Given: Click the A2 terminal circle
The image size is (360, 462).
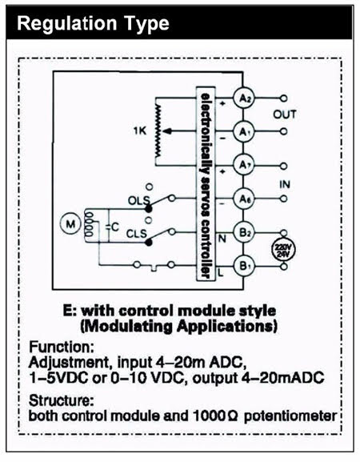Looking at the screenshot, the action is [x=243, y=98].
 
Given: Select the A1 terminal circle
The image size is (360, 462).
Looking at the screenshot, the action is [x=243, y=131].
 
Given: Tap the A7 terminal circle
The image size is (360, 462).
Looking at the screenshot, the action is [x=243, y=165].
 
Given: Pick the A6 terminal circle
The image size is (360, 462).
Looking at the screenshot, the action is [x=243, y=199].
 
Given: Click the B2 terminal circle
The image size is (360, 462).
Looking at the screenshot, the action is [x=243, y=232].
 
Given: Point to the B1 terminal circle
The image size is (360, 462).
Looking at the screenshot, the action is [x=243, y=266].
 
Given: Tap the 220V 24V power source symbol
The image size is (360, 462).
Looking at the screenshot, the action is [x=283, y=250].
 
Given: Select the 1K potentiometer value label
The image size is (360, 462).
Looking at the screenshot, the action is [x=140, y=131].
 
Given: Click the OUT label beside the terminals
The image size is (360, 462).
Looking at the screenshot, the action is [x=284, y=114].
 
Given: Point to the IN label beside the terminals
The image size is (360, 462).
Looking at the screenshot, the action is [x=284, y=184].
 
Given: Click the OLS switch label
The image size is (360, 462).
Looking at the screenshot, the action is [x=138, y=201].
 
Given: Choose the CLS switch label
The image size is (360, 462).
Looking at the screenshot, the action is [x=136, y=234].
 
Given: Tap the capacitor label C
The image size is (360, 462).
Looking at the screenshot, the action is [x=115, y=227].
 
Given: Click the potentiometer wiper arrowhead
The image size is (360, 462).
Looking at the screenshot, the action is [x=167, y=131].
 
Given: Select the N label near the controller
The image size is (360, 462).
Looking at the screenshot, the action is [x=222, y=239].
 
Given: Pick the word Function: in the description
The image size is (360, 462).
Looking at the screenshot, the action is [x=62, y=347].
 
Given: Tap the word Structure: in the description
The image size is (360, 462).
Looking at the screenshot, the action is [x=62, y=400].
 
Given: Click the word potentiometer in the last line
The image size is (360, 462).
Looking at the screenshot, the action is [x=290, y=416].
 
